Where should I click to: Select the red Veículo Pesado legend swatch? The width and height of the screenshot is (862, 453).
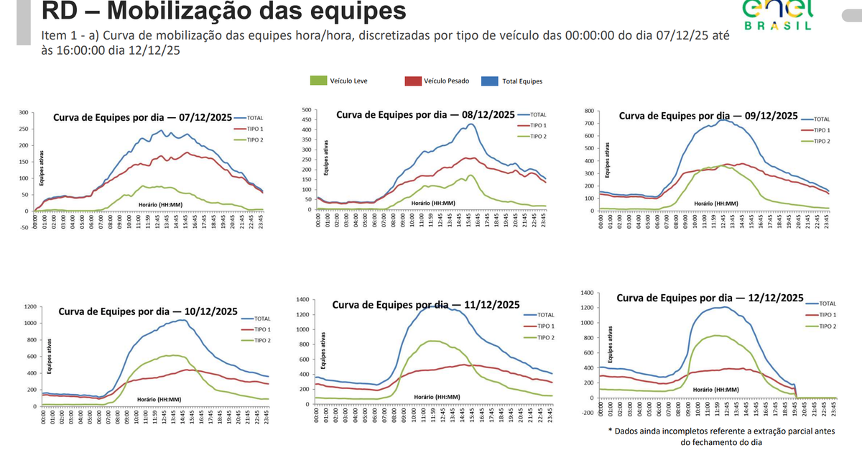412,81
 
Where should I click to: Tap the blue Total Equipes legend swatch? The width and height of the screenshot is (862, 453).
490,81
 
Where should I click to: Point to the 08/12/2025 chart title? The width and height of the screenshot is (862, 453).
425,114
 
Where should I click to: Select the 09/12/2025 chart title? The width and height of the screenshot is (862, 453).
708,116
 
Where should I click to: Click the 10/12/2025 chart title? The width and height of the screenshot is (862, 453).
148,311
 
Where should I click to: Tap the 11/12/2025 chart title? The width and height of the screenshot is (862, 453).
426,305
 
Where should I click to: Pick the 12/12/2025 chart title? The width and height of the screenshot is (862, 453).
710,297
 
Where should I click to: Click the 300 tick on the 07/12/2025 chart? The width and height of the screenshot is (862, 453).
24,113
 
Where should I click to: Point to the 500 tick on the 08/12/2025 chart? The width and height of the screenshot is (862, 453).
306,110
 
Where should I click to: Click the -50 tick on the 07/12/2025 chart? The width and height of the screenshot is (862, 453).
23,228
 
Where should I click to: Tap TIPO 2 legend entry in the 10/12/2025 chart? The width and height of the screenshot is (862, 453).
261,340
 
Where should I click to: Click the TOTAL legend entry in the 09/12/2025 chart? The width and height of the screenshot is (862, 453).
822,119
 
